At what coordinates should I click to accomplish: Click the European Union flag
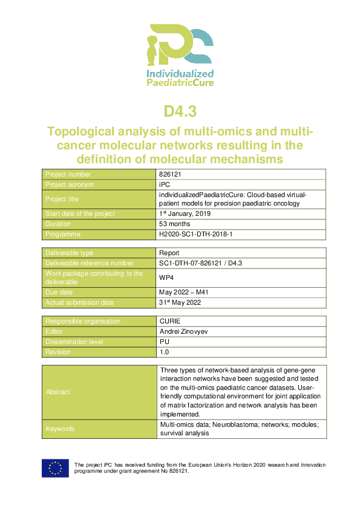click(x=54, y=468)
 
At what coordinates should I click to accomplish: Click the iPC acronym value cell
click(x=164, y=184)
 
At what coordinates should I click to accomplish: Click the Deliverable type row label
click(x=70, y=253)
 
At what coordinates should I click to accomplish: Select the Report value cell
click(x=169, y=253)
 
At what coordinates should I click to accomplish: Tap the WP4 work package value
click(x=167, y=277)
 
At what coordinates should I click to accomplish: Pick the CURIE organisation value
click(x=170, y=322)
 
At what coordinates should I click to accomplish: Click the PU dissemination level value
click(x=164, y=342)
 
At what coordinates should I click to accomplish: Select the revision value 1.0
click(x=164, y=352)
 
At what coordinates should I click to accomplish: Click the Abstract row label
click(x=58, y=392)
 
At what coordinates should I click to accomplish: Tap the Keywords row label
click(x=61, y=429)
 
